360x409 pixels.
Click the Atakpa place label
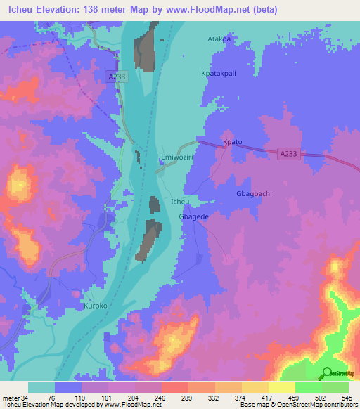pyautogui.click(x=219, y=39)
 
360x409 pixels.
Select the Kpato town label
pyautogui.click(x=232, y=142)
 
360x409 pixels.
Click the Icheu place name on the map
pyautogui.click(x=180, y=202)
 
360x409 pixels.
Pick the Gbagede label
pyautogui.click(x=194, y=217)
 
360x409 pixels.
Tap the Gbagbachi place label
pyautogui.click(x=253, y=193)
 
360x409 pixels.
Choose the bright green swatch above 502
pyautogui.click(x=309, y=387)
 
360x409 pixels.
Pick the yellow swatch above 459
pyautogui.click(x=282, y=387)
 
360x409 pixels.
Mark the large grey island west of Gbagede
pyautogui.click(x=150, y=239)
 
